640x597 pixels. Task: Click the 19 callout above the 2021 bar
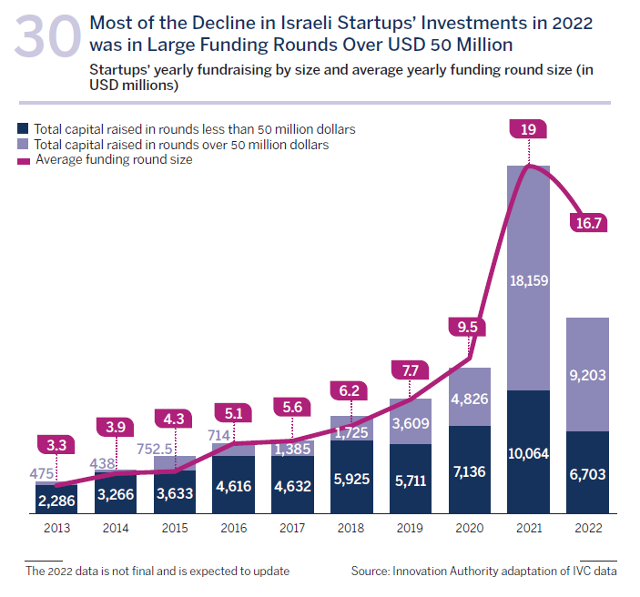[x=528, y=130]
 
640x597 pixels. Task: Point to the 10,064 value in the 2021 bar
[x=528, y=453]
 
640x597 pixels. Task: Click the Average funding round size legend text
[x=113, y=159]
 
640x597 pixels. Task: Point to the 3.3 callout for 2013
[x=56, y=445]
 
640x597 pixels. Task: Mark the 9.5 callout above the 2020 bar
[x=470, y=325]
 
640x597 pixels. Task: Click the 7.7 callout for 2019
[x=411, y=369]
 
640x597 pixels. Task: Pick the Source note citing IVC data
[x=483, y=572]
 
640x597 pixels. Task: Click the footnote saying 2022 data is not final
[x=157, y=572]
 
